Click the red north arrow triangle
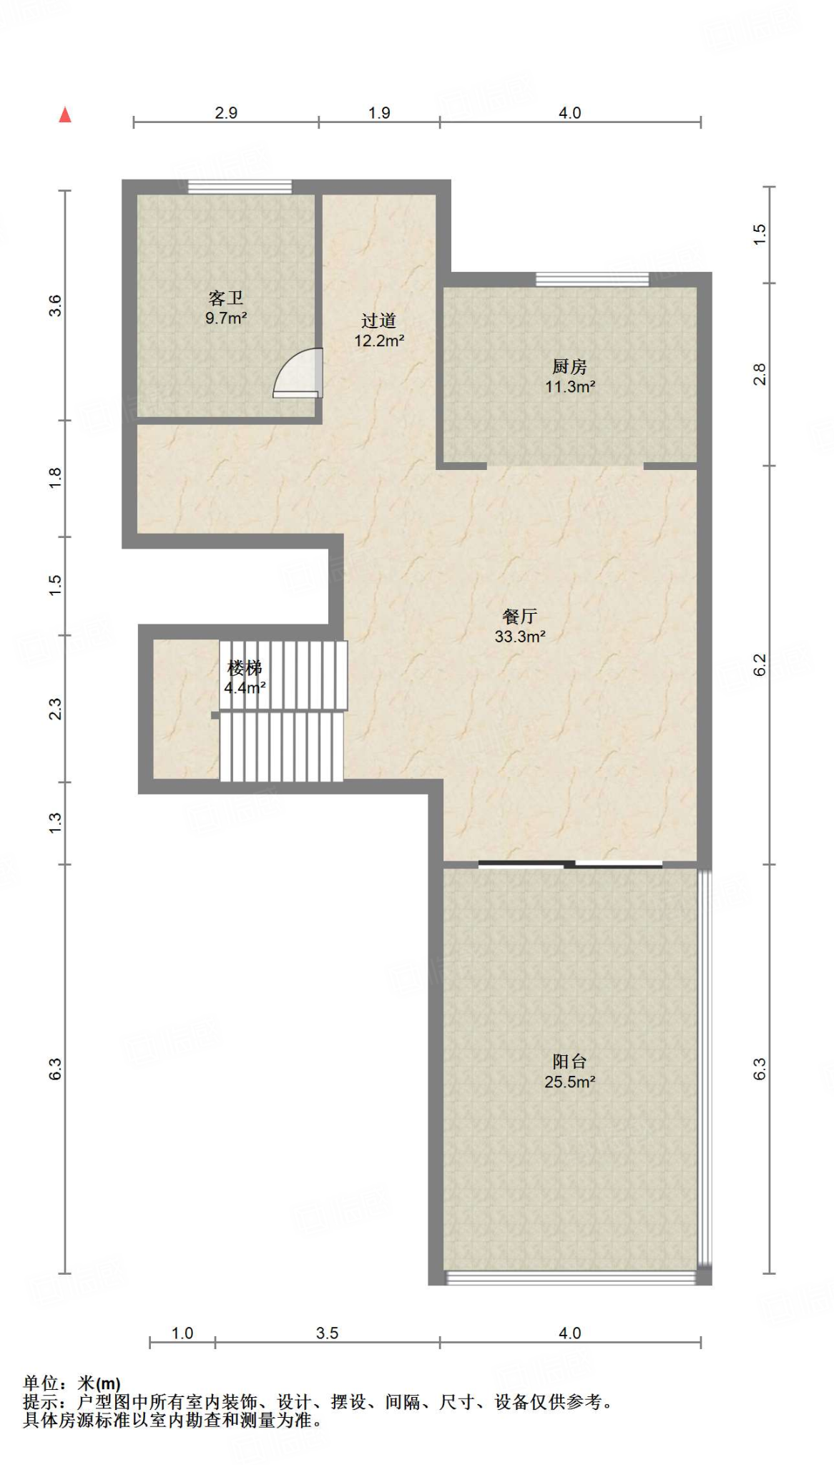(x=65, y=114)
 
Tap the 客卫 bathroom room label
(x=226, y=298)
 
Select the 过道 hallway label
(x=378, y=320)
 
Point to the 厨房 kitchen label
(x=569, y=366)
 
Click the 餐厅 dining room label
(x=520, y=616)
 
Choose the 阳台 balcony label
(x=569, y=1062)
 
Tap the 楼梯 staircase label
(x=245, y=667)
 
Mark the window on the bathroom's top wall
(x=240, y=187)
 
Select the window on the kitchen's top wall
(x=593, y=280)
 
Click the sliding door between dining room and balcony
(x=570, y=864)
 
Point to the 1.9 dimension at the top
(x=379, y=113)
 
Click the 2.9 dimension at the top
(x=226, y=113)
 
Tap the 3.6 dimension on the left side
(x=55, y=305)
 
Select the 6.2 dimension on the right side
(x=760, y=665)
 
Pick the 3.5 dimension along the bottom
(x=327, y=1333)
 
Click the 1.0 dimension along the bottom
(x=182, y=1333)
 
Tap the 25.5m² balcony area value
(x=569, y=1082)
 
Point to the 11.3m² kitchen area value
(x=570, y=386)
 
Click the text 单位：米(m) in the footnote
(x=72, y=1384)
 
